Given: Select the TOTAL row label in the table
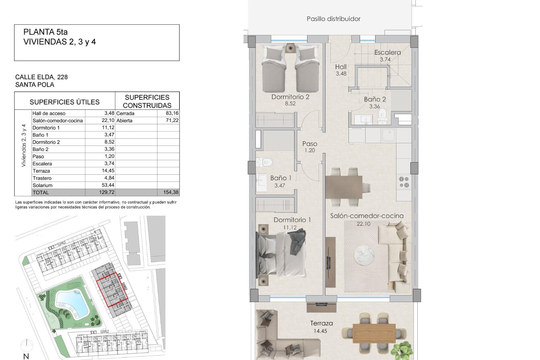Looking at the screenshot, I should coord(41,193).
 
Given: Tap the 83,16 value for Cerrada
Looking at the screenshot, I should coord(172,113).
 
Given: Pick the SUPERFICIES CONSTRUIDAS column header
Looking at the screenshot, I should coord(147,101).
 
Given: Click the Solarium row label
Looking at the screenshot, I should coord(42,185).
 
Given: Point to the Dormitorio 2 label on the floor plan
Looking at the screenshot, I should coord(290,97).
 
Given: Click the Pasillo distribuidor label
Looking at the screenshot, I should coord(333,19).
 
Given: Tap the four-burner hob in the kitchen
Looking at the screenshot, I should coord(404,182).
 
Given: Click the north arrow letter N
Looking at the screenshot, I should coord(26,356).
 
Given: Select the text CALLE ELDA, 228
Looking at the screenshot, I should coord(41,77).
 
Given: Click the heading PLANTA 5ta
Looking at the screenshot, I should coord(46,32).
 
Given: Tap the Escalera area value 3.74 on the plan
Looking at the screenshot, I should coord(385,60).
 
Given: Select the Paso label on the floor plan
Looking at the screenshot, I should coord(310,144).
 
